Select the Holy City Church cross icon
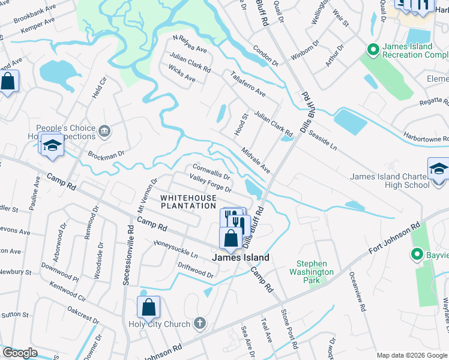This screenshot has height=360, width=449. pos(200,324)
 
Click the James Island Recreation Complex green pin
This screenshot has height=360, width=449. pos(372,49)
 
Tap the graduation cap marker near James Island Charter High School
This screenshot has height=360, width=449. pos(438,169)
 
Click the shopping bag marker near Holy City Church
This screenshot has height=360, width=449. pos(148,308)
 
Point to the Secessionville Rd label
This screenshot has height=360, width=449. pos(128,247)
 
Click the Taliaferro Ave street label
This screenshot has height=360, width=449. pos(248,83)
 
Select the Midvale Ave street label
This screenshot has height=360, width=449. pos(256,159)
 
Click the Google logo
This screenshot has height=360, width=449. pos(20,353)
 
